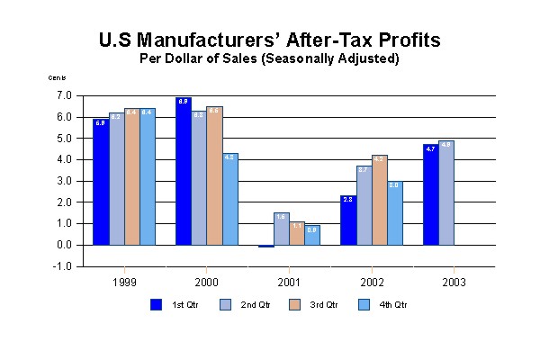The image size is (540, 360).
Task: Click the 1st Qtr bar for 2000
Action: click(183, 171)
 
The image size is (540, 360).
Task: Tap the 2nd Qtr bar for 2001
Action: click(281, 229)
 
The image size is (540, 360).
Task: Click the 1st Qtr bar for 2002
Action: click(347, 220)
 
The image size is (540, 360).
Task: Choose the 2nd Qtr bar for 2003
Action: click(446, 193)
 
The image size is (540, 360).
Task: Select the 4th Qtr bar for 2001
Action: click(312, 235)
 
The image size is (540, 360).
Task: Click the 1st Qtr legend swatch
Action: click(155, 304)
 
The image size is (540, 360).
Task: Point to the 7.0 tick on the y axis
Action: click(64, 95)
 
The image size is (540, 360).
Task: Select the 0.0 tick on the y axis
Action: click(64, 245)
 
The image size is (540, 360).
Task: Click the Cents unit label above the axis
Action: click(57, 78)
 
